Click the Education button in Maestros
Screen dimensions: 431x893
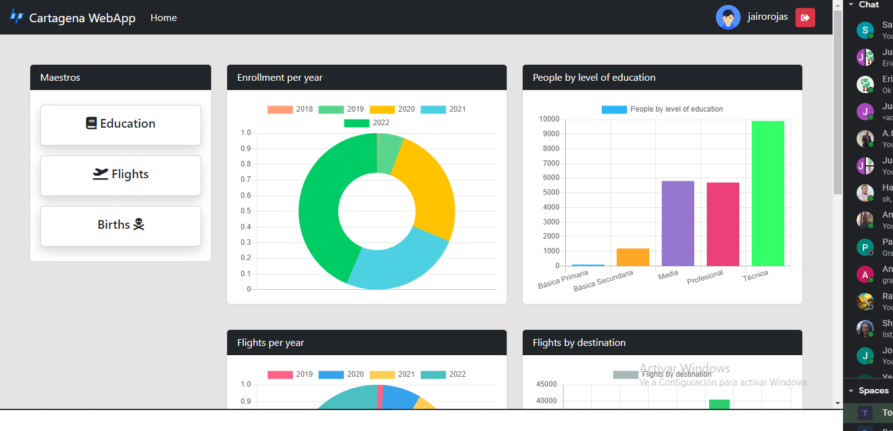(120, 125)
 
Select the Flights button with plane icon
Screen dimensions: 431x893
(120, 175)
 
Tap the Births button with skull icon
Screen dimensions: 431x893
(120, 226)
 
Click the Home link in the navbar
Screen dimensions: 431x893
(164, 18)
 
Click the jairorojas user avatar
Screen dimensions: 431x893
(728, 17)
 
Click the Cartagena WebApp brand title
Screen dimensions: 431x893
(82, 18)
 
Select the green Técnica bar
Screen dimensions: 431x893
(768, 193)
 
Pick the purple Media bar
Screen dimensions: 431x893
(678, 223)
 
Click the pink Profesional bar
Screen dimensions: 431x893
(723, 224)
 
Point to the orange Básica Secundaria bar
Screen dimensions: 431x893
(633, 257)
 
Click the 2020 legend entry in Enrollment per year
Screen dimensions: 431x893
(393, 109)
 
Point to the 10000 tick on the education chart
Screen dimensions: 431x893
(549, 119)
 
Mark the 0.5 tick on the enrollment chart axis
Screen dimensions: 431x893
(246, 211)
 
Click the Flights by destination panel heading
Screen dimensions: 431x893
(579, 343)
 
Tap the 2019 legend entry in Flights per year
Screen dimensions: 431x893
(290, 374)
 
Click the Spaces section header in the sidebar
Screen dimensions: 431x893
(873, 390)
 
